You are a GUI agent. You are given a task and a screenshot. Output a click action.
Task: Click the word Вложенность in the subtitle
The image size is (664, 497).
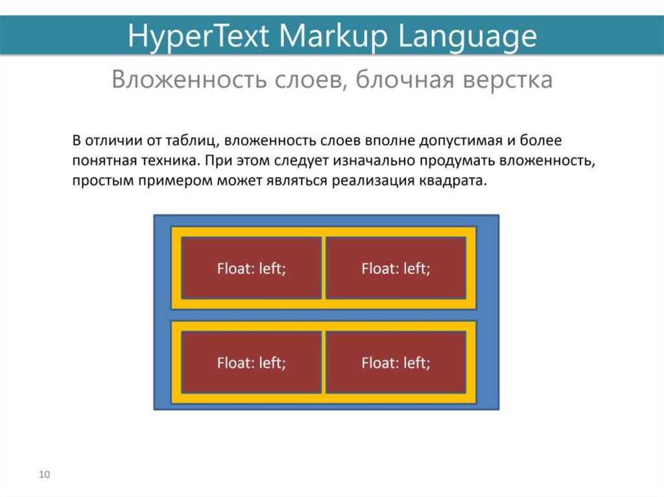[x=189, y=80]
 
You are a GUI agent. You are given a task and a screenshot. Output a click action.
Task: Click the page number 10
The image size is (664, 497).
[x=45, y=474]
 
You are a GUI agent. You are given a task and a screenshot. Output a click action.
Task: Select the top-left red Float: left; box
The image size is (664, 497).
[x=251, y=268]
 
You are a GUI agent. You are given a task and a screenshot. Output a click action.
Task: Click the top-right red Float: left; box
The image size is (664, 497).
[x=396, y=268]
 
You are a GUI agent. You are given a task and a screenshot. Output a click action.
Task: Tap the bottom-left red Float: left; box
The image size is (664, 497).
[x=251, y=362]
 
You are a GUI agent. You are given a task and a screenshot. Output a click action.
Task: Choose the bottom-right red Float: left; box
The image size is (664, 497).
[x=396, y=362]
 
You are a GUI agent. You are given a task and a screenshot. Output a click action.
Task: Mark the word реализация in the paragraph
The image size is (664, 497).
[x=373, y=181]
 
